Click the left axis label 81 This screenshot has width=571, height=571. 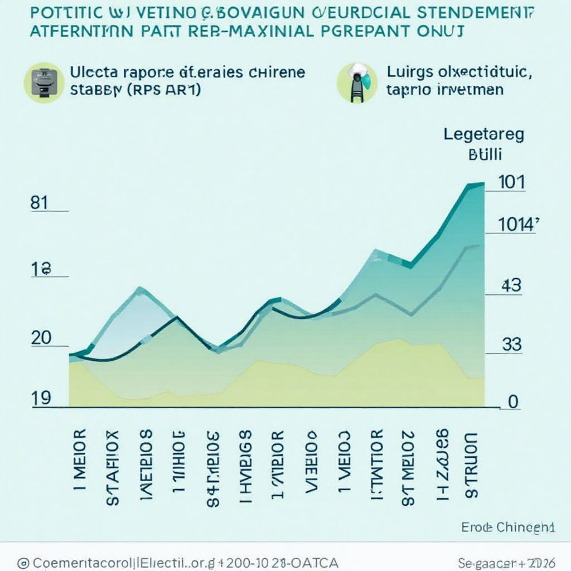(x=39, y=203)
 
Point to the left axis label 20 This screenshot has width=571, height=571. (x=41, y=338)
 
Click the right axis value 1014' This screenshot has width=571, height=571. (x=517, y=224)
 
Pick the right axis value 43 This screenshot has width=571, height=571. (x=511, y=286)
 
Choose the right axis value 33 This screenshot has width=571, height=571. (x=511, y=345)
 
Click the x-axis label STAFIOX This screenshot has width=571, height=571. (x=113, y=467)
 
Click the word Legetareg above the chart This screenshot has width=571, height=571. (x=483, y=134)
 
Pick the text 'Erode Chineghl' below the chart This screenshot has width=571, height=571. (x=508, y=527)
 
